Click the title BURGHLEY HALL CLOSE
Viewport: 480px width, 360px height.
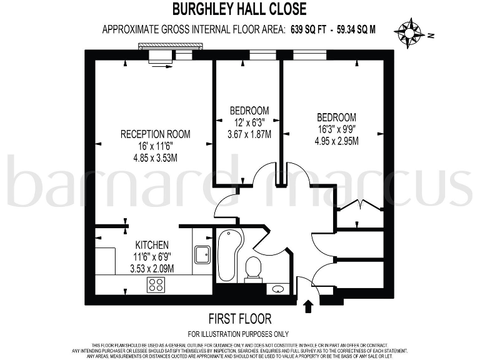(239, 9)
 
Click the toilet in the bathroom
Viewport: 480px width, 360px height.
(254, 269)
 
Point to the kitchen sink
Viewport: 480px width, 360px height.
(202, 254)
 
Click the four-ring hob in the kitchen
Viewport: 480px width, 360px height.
(156, 285)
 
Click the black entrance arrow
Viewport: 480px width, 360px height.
(307, 306)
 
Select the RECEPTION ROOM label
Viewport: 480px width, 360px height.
(155, 134)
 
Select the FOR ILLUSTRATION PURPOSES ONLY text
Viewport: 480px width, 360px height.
(239, 334)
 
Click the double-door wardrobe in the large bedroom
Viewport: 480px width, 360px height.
(359, 207)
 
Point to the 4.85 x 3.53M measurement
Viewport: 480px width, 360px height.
(155, 157)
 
